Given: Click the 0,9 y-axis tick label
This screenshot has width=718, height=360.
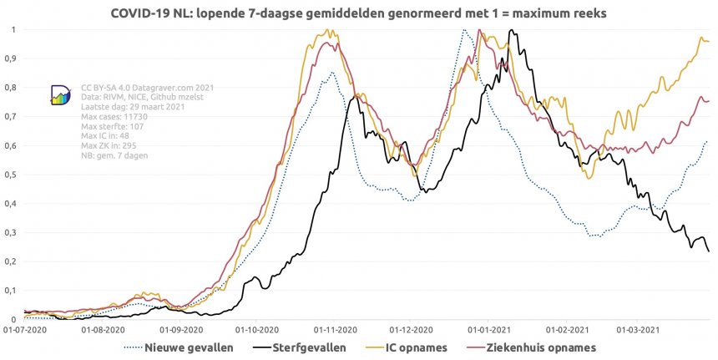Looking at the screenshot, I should tap(10, 59).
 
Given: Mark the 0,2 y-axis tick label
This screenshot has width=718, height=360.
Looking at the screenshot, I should tap(10, 261).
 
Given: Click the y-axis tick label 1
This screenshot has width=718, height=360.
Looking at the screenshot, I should tap(13, 30).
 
